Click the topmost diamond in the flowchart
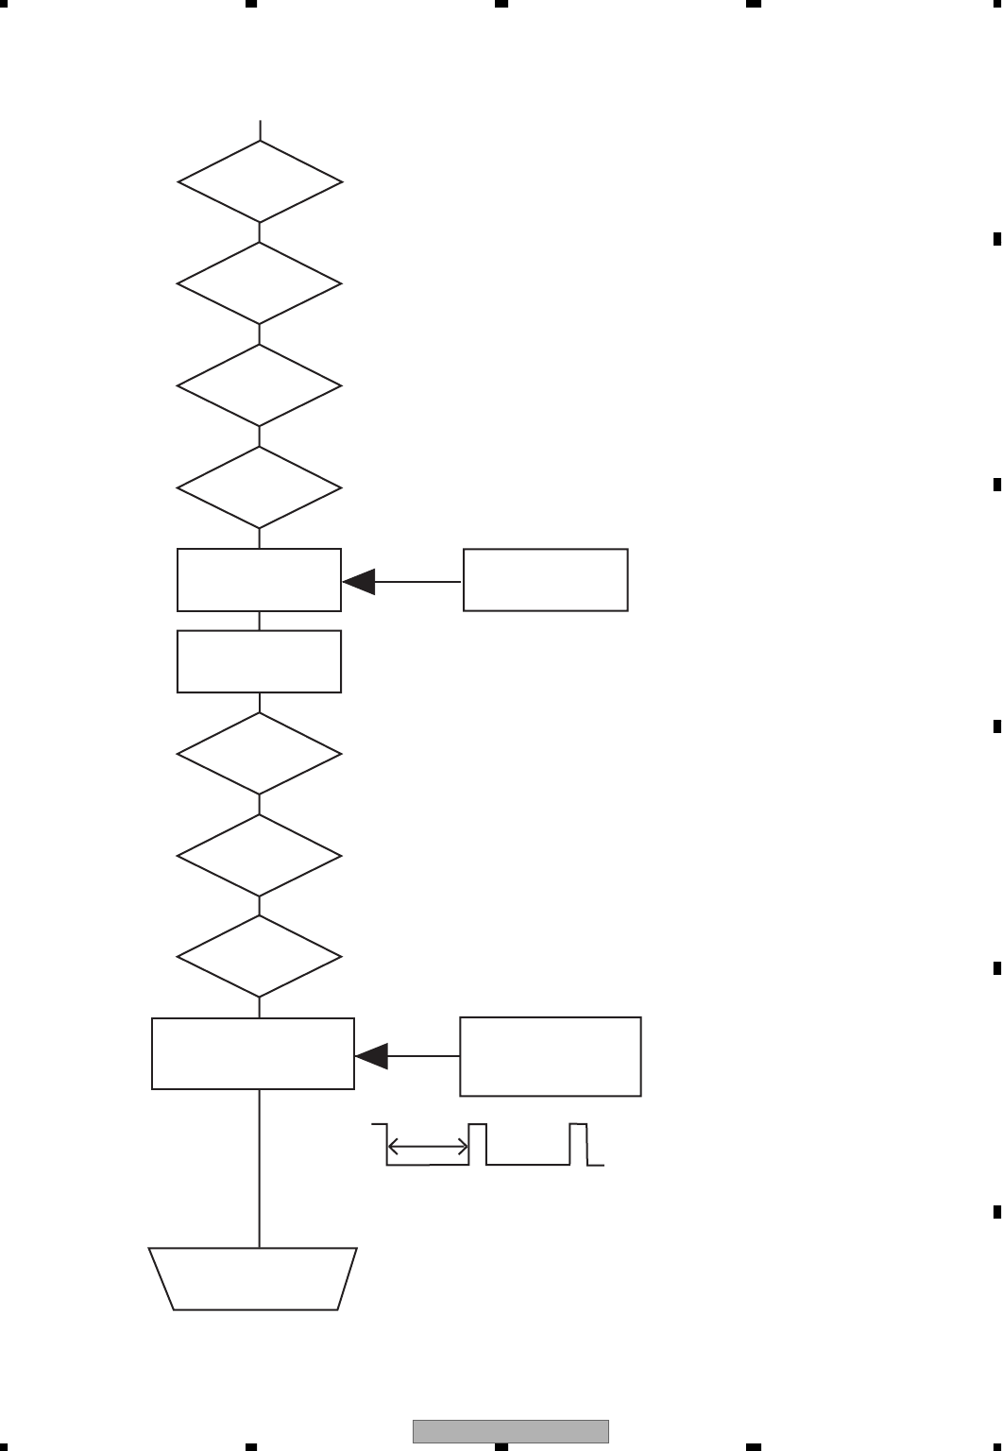tap(260, 182)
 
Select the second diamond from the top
tap(260, 284)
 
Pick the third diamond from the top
tap(260, 386)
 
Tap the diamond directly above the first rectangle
tap(260, 488)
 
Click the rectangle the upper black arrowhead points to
tap(260, 580)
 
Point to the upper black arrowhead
tap(359, 582)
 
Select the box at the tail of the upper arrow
tap(546, 580)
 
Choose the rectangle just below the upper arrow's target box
tap(260, 661)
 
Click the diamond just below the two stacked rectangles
tap(260, 754)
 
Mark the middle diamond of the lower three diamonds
tap(260, 856)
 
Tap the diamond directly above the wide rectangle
tap(260, 957)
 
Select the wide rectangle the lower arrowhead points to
tap(253, 1053)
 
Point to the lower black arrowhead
tap(372, 1056)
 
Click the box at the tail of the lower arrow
tap(551, 1056)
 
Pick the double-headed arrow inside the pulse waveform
tap(428, 1147)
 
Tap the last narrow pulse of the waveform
tap(578, 1144)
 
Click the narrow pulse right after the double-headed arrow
tap(478, 1144)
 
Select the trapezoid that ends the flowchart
tap(253, 1278)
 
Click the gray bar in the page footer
tap(510, 1431)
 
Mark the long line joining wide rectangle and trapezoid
tap(260, 1169)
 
